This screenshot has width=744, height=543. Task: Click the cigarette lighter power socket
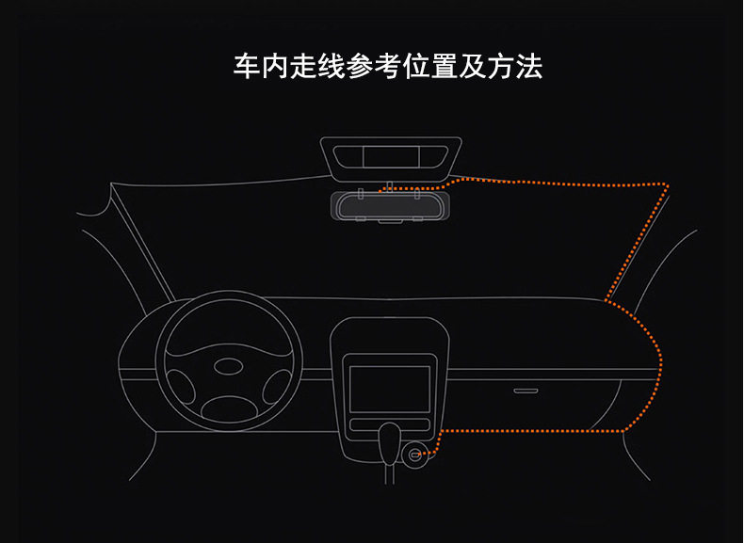[415, 457]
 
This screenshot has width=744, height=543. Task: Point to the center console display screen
[389, 388]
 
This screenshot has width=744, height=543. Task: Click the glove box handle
[526, 389]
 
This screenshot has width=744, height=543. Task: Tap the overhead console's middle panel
[391, 156]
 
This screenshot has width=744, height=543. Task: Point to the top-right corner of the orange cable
[666, 184]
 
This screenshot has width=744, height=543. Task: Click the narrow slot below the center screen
[389, 424]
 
